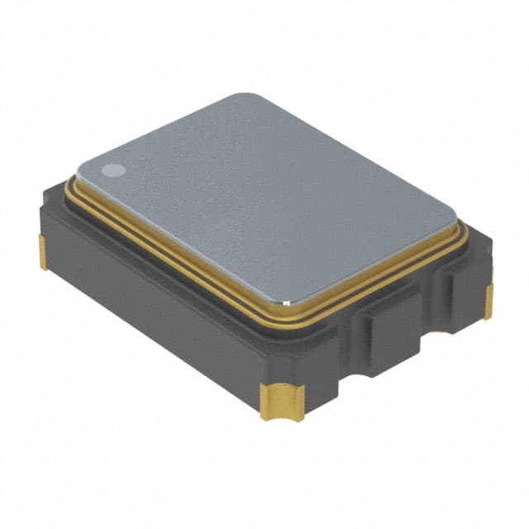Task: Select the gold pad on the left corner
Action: (x=42, y=252)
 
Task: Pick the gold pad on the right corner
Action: (x=488, y=302)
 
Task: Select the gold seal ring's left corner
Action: (x=68, y=183)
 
